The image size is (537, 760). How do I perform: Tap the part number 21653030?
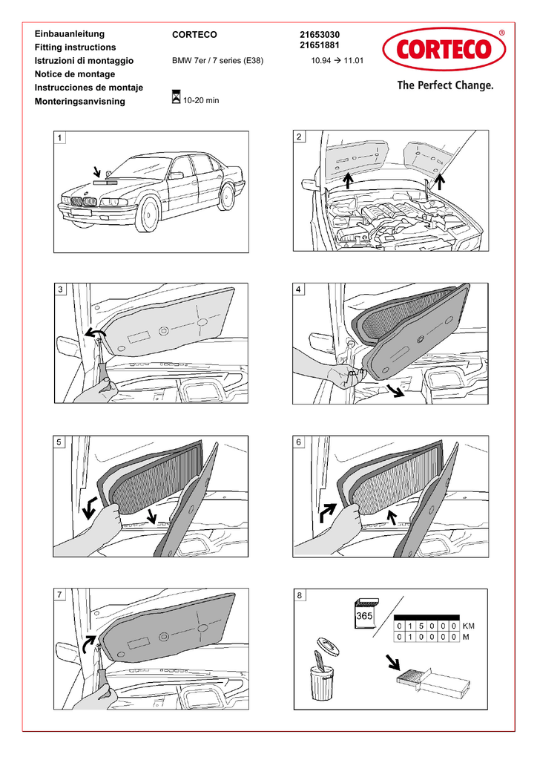coord(320,34)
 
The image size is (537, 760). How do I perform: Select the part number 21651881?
coord(320,46)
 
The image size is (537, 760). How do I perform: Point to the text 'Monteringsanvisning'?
coord(80,102)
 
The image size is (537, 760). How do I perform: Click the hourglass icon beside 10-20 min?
coord(176,96)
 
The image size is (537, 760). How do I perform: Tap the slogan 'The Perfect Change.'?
coord(444,85)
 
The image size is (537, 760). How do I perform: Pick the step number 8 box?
coord(299,594)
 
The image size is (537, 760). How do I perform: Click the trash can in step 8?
coord(321,681)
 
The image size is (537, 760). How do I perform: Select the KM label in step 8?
coord(469,626)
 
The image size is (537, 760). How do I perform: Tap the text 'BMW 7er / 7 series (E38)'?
coord(217,61)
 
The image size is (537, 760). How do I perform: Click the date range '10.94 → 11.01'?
coord(337,61)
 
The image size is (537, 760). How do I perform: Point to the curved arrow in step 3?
coord(94,334)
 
